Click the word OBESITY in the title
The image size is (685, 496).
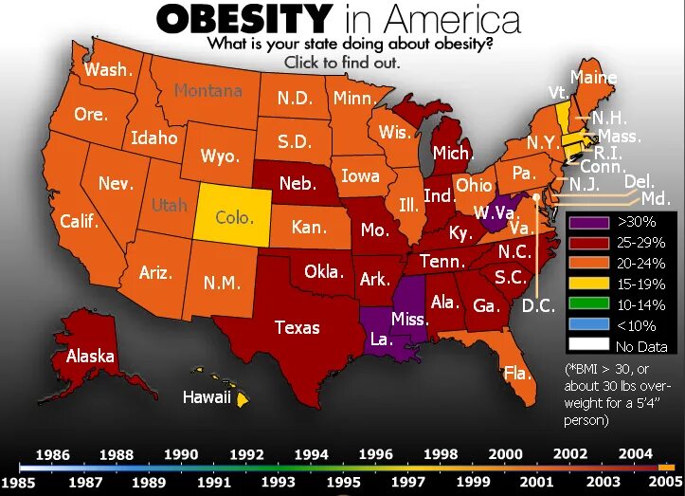tap(243, 18)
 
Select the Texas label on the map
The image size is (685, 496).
tap(297, 327)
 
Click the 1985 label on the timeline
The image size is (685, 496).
tap(17, 482)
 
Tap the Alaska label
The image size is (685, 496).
tap(90, 357)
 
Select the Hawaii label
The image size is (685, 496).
tap(207, 397)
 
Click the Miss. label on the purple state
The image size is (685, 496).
tap(409, 319)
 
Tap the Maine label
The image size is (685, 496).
tap(593, 78)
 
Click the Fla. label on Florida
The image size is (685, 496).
tap(516, 373)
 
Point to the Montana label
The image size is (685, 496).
tap(207, 91)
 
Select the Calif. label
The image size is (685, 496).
tap(80, 221)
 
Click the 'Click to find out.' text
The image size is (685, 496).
tap(342, 63)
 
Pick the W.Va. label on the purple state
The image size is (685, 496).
tap(493, 210)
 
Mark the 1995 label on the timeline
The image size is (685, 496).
tap(344, 482)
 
